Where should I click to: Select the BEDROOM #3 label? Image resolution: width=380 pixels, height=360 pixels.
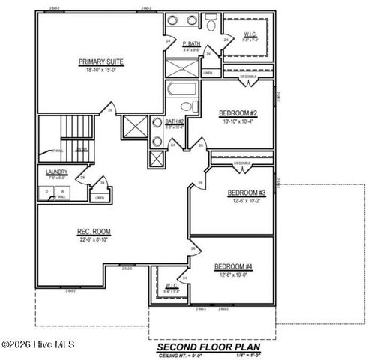pos(246,193)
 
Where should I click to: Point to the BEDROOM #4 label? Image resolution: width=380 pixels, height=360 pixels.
pos(233,267)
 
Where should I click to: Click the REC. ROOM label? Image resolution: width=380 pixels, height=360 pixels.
pos(94,231)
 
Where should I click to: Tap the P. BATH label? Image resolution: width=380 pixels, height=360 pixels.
pos(193,44)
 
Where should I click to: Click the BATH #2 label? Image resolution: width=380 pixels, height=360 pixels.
pos(175,121)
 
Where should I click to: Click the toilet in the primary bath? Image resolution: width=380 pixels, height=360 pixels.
pos(212,24)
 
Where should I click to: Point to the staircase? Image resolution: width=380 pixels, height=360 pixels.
pos(73,135)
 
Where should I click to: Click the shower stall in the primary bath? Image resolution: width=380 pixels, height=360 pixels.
pos(182,66)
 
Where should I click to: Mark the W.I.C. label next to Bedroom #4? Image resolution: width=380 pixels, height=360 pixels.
pos(170,286)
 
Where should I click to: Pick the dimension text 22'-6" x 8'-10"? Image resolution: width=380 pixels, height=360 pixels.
pos(94,238)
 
